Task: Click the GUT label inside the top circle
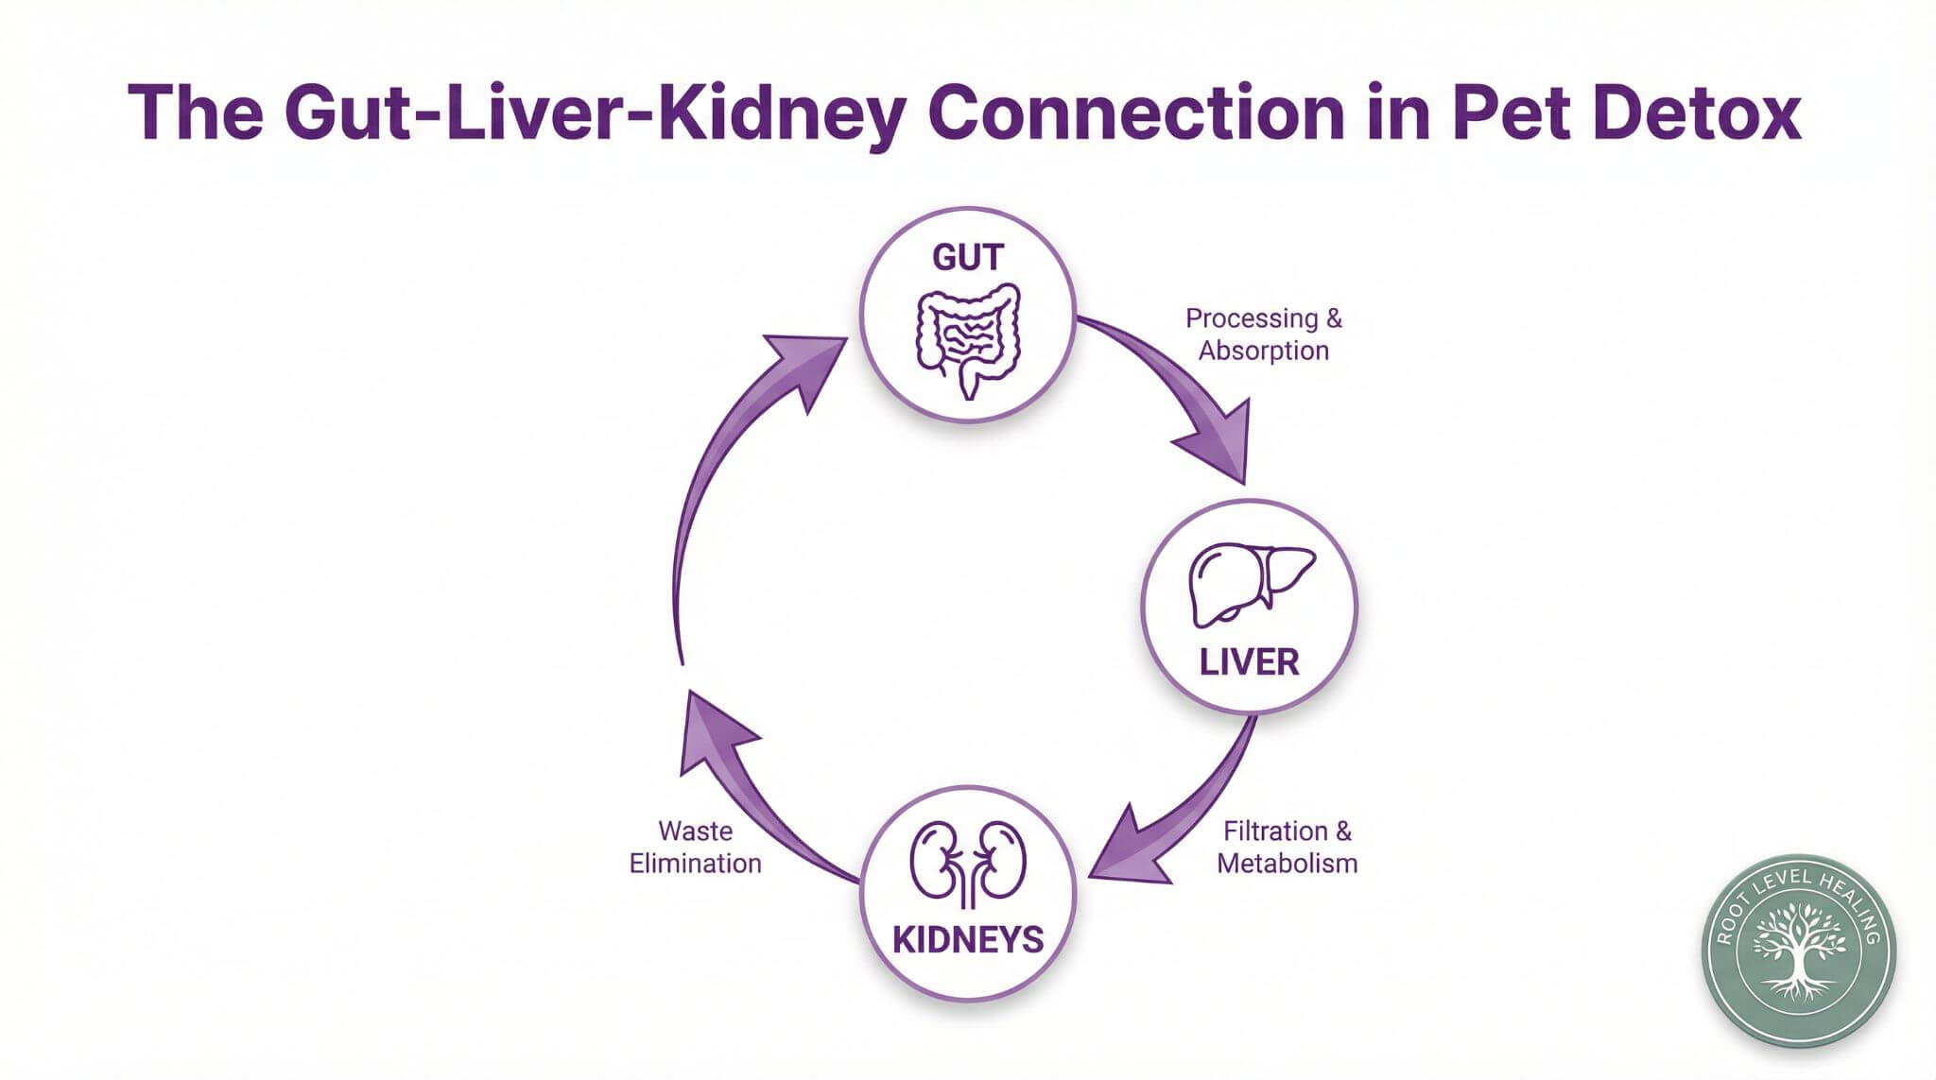967,257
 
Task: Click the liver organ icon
1250,584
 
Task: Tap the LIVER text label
1249,662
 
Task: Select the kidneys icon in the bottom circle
967,861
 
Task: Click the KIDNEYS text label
968,940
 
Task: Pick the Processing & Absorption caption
1264,334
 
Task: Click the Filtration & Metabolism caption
1287,847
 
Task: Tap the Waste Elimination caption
696,847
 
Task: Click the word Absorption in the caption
1264,351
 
